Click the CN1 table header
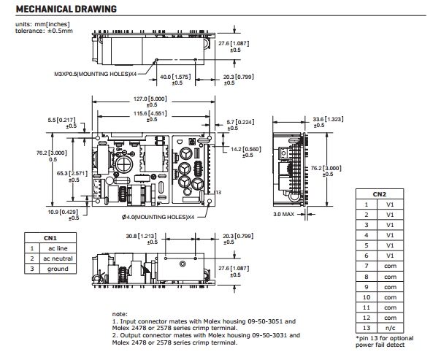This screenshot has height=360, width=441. click(x=50, y=237)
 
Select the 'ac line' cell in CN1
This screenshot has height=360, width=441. click(x=58, y=248)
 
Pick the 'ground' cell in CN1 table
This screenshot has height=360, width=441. click(x=58, y=269)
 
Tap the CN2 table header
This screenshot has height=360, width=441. click(x=380, y=194)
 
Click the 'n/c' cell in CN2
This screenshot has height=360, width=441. click(x=390, y=328)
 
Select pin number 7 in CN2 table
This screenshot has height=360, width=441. click(x=367, y=267)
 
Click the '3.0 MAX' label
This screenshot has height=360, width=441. click(x=283, y=215)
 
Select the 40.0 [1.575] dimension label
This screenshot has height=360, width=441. click(x=176, y=77)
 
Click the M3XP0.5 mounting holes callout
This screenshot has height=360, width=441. click(x=96, y=74)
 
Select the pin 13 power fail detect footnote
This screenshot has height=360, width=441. click(x=384, y=341)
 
